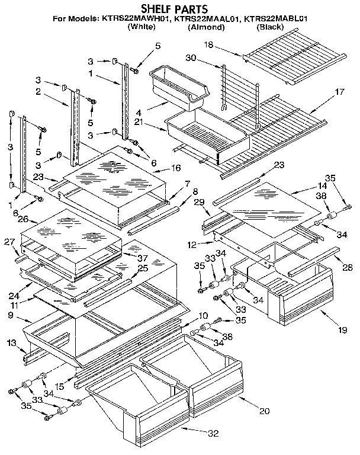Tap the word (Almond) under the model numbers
[x=206, y=27]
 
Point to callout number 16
[x=175, y=168]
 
